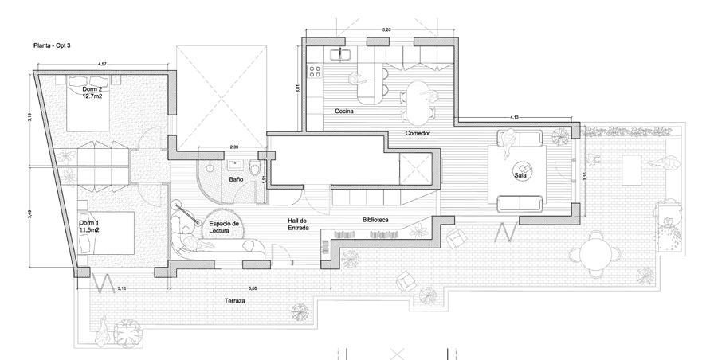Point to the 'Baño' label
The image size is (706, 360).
[236, 180]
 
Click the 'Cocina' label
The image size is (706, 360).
[343, 112]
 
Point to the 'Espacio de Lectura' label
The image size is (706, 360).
[225, 228]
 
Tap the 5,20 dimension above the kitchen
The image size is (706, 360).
[387, 29]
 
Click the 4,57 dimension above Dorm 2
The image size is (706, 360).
[103, 63]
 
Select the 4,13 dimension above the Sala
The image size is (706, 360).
[514, 117]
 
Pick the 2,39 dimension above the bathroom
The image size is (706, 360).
[233, 147]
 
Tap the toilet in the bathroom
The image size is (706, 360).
[254, 169]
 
